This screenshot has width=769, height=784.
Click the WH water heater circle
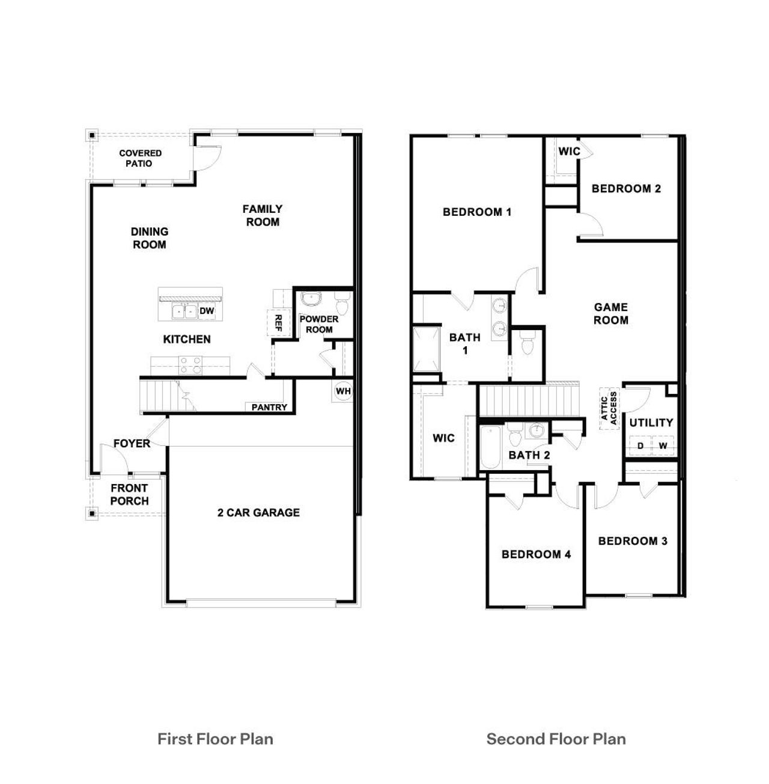[x=343, y=391]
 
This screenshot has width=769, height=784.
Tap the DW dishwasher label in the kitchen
[x=207, y=311]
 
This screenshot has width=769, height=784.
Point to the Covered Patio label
[x=140, y=158]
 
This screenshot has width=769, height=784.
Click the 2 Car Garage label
[x=258, y=512]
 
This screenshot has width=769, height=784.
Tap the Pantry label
[x=269, y=407]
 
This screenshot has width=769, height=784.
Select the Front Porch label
[x=129, y=494]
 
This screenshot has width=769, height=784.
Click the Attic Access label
[x=609, y=408]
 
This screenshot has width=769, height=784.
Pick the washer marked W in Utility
[x=663, y=446]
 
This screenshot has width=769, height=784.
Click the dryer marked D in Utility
[x=640, y=446]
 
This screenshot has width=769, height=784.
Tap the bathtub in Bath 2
[x=490, y=448]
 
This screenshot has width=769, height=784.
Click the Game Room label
[x=611, y=313]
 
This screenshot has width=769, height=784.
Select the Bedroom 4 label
[x=536, y=554]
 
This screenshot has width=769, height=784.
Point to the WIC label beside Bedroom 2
[x=569, y=151]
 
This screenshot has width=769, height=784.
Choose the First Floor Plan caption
[x=215, y=739]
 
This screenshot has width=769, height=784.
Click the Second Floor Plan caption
[x=556, y=739]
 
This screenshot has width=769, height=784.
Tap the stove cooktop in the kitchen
[x=191, y=365]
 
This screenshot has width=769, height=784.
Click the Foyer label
[x=132, y=444]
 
